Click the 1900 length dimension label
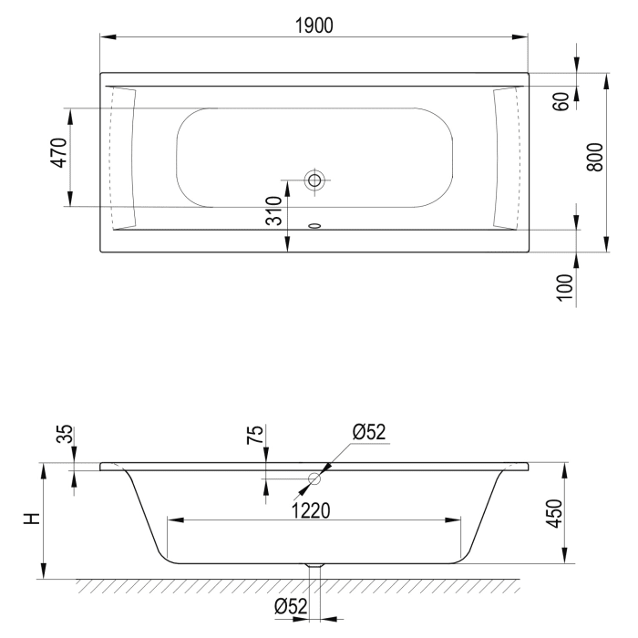coord(313,26)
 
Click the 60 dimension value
coord(561,101)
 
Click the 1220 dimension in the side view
coord(312,510)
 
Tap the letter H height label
coord(32,519)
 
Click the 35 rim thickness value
coord(62,434)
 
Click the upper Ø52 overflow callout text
coord(370,431)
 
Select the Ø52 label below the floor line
coord(292,606)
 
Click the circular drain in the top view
coord(315,180)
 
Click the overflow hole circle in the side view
coord(315,478)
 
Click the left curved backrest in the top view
coord(122,157)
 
